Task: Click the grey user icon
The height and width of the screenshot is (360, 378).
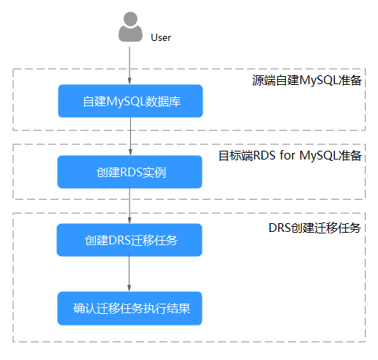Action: coord(130,27)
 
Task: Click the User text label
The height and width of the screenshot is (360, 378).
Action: coord(161,38)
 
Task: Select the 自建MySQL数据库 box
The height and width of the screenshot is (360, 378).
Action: coord(130,101)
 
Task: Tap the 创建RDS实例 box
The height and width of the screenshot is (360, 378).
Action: coord(129,172)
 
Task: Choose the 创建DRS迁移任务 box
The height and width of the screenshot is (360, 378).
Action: coord(129,240)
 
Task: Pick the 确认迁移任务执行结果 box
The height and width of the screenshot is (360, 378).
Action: coord(129,308)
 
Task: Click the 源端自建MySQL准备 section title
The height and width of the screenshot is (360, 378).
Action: coord(307,80)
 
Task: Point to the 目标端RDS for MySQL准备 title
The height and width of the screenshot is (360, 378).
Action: coord(290,155)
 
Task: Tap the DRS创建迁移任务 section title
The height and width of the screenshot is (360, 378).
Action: coord(314,228)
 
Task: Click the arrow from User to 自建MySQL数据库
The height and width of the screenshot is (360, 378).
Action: coord(129,66)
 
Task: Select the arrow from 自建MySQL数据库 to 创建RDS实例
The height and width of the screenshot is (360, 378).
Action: coord(130,137)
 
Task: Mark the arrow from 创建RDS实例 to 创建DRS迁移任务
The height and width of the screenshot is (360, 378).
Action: coord(129,205)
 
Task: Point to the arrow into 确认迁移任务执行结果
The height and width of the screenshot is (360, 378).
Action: coord(129,273)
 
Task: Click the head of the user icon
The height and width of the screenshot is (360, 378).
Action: coord(130,18)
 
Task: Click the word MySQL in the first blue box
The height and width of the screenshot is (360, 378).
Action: coord(126,102)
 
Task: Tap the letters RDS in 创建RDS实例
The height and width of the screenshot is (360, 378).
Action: coord(131,173)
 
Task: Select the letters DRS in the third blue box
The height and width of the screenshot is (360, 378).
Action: coord(120,241)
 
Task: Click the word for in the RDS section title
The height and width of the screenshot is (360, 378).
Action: coord(287,155)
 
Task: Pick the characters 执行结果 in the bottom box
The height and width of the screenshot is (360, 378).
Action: coord(167,309)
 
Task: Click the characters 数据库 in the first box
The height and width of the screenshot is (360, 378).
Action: coord(163,102)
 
